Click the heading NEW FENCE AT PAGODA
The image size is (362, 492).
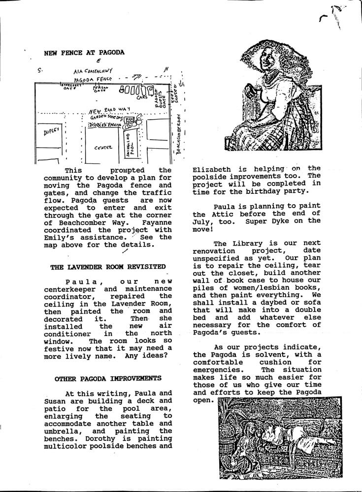[84, 52]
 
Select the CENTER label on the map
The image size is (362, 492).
[103, 147]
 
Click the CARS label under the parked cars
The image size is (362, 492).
[143, 97]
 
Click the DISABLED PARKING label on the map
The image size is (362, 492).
[105, 125]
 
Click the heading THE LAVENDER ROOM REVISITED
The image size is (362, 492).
[108, 266]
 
